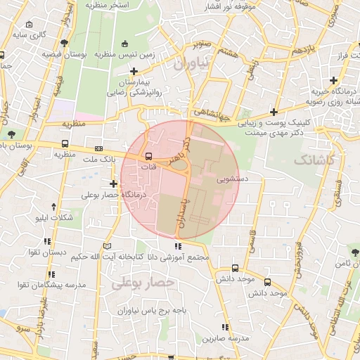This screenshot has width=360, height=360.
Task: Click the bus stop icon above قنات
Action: click(x=148, y=156)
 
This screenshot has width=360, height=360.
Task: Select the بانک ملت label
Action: click(x=98, y=161)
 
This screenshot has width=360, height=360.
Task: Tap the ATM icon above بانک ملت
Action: click(x=98, y=149)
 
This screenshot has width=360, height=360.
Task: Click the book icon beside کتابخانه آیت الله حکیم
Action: click(x=107, y=245)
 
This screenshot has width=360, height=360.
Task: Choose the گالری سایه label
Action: click(x=31, y=34)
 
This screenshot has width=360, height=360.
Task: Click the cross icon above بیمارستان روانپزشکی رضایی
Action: click(x=134, y=71)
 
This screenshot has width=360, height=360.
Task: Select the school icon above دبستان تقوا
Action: click(x=53, y=240)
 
